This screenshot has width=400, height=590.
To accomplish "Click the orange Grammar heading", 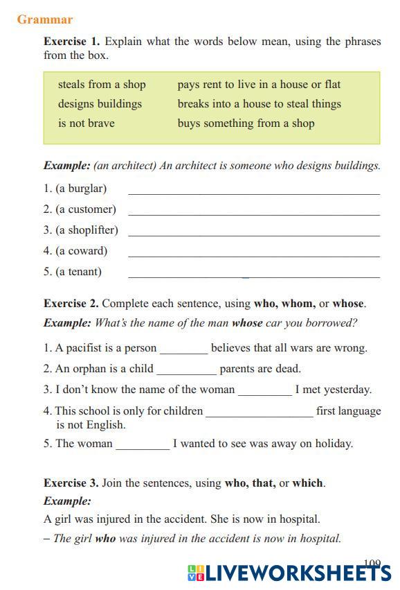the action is pos(45,19).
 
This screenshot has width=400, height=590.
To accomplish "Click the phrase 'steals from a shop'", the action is pos(102,85).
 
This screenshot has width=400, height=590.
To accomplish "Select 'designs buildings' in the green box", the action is pos(100,104).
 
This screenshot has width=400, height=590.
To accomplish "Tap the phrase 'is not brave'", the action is pos(87,123).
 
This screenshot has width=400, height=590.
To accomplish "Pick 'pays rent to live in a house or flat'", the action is pos(259,85).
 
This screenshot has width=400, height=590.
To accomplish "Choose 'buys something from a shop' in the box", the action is pos(246,123).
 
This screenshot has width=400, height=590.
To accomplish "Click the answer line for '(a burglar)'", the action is pos(254,189).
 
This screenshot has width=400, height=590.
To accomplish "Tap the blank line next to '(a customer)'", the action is pos(254,210).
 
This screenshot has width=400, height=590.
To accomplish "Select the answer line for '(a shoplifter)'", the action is pos(254,231).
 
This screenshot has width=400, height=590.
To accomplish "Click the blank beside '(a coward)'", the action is pos(254,252).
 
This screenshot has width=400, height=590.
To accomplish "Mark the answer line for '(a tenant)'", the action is pos(254,272).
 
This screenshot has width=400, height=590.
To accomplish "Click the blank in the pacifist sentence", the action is pos(183,349).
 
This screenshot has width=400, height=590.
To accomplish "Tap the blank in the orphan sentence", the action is pos(186,370).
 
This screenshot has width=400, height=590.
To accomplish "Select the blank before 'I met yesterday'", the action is pos(265,390).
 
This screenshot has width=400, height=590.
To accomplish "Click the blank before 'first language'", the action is pos(260,412).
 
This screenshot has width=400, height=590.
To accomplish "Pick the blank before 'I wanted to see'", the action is pos(143,444).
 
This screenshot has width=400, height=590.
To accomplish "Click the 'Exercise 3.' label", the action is pos(71,483).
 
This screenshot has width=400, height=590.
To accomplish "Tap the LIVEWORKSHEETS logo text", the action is pos(298,573).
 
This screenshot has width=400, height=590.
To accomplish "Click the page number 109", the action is pos(372,564).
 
